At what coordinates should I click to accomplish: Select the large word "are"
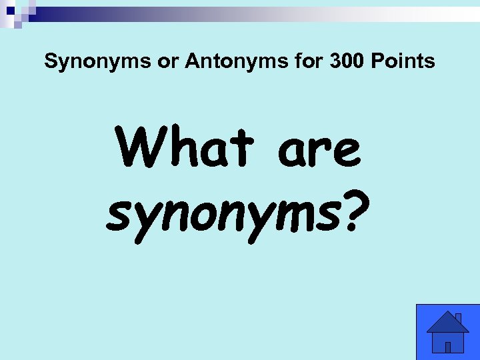[319, 150]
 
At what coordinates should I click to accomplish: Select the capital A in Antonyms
[193, 62]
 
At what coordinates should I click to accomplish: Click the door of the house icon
[448, 347]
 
